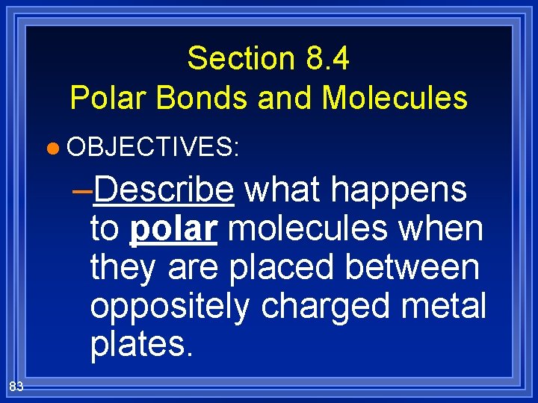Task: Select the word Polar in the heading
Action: point(103,98)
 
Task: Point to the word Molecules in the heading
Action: point(395,98)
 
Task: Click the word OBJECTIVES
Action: point(152,147)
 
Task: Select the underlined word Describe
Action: point(164,190)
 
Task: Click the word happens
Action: point(400,190)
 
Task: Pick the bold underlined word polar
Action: point(173,229)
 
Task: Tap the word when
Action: point(446,229)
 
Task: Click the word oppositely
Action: point(169,306)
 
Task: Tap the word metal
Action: point(448,306)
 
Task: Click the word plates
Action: point(140,344)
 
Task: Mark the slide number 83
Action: point(16,386)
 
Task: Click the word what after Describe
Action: point(283,190)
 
